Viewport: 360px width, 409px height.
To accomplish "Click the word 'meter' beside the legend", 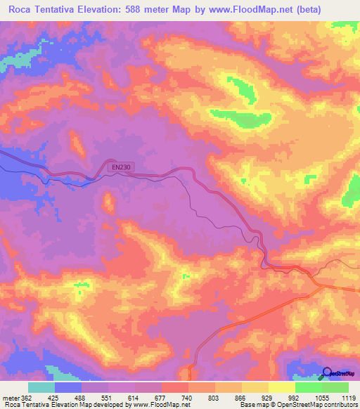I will click(x=11, y=398).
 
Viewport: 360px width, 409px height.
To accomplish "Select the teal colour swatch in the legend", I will click(x=41, y=387).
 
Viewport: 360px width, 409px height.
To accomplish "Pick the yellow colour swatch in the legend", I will click(x=281, y=387).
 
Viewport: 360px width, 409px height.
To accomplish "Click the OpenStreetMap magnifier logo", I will click(x=326, y=374).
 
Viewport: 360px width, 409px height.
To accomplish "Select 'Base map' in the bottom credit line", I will click(x=250, y=405).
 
